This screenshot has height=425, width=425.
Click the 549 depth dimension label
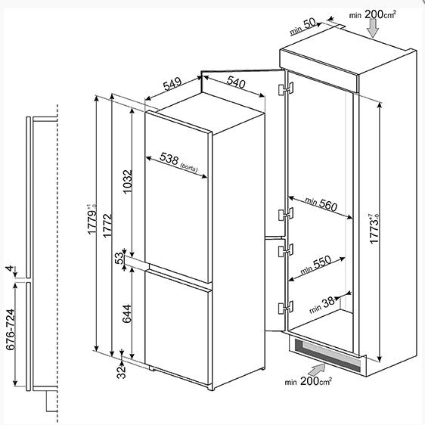(172, 84)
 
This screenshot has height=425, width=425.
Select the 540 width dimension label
(237, 82)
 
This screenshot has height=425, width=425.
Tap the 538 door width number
(169, 158)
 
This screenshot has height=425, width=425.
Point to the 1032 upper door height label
(127, 181)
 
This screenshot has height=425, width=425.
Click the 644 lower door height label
(127, 314)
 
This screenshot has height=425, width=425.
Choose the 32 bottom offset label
(121, 371)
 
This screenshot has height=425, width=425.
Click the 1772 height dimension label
(107, 225)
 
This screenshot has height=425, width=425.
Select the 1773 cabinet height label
(374, 228)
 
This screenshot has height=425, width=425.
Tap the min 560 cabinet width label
(321, 204)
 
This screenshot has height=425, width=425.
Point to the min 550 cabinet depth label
(316, 265)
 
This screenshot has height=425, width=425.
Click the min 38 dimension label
(322, 305)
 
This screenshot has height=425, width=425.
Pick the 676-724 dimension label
(10, 330)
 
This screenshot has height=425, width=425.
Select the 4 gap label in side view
(10, 268)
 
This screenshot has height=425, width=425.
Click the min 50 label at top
(302, 26)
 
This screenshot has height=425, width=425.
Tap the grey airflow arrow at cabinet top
(374, 29)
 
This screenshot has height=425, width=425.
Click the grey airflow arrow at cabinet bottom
(317, 370)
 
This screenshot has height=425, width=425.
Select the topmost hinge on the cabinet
(286, 88)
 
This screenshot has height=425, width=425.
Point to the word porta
(189, 168)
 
